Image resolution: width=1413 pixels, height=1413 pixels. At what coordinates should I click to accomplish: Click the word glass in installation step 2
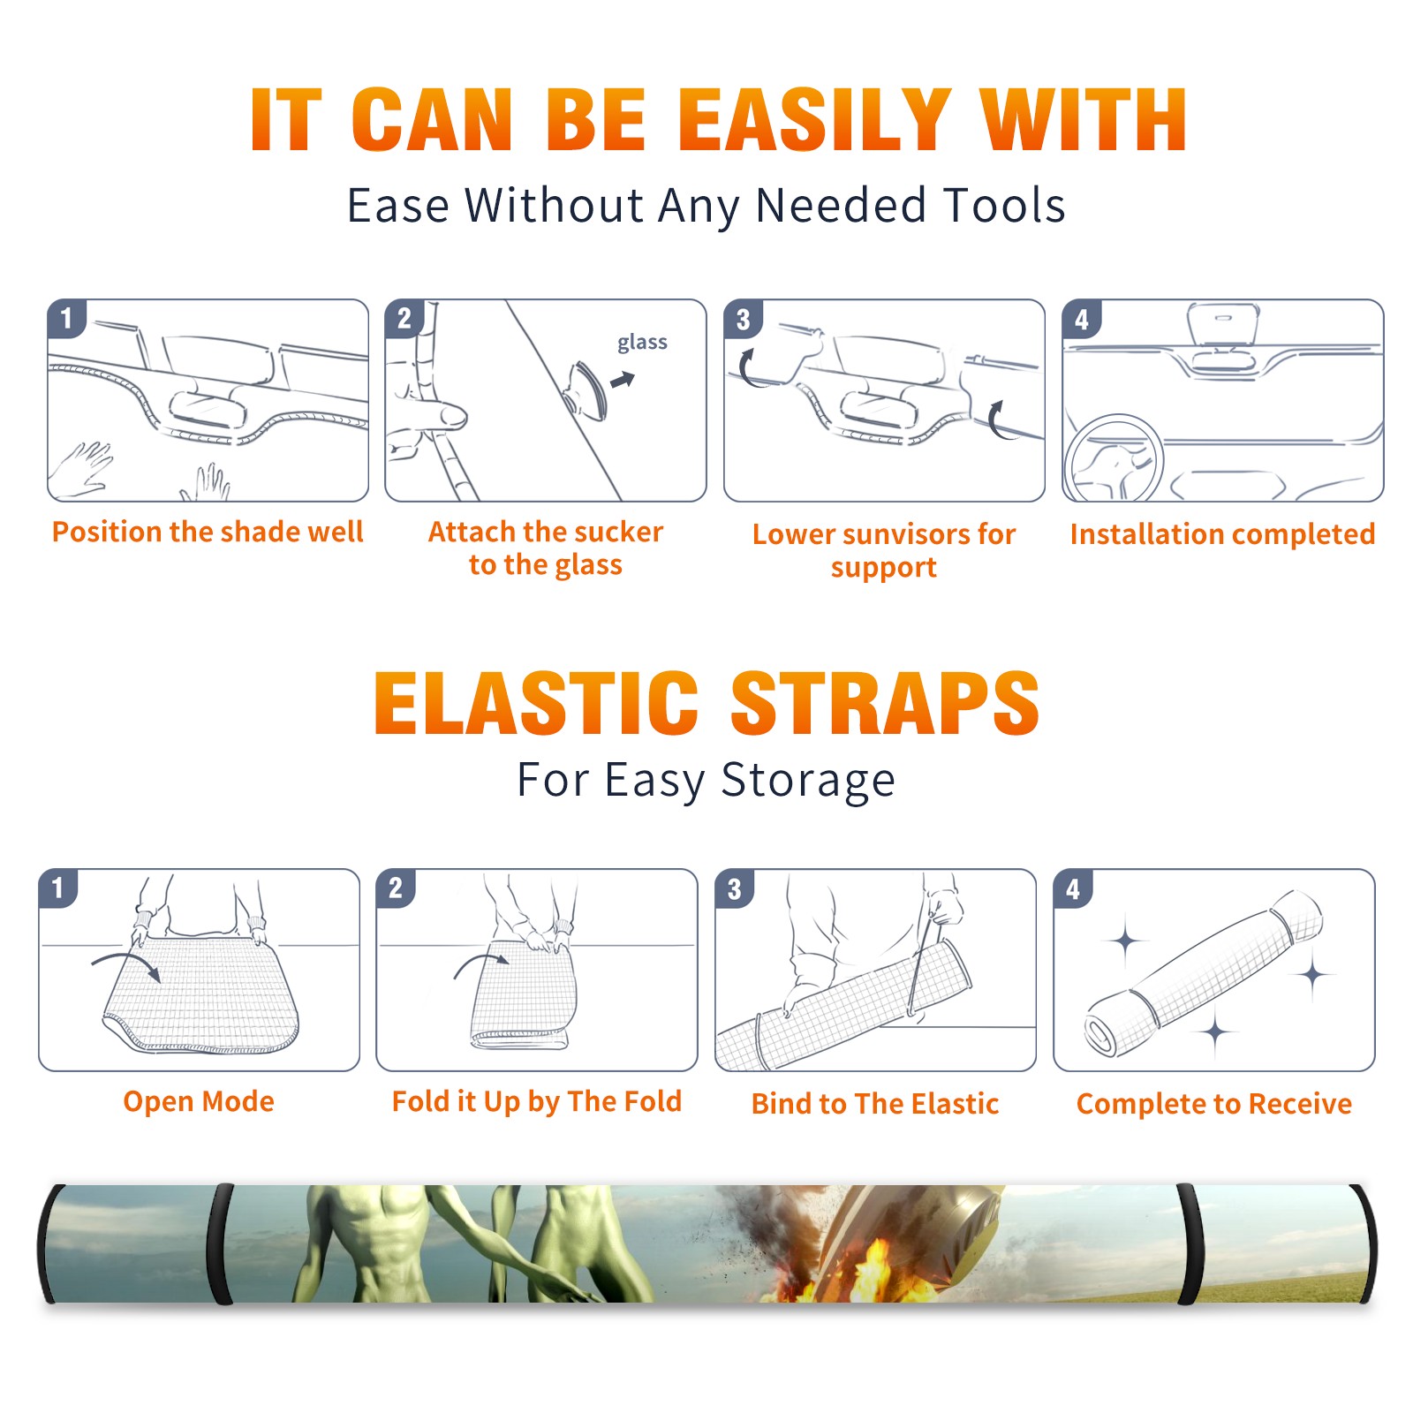(x=642, y=343)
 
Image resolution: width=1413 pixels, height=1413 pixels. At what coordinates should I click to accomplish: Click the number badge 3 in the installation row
(x=744, y=319)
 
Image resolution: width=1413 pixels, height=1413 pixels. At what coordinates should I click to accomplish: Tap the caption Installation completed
(x=1222, y=533)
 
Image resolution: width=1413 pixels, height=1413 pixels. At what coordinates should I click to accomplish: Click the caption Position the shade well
(x=208, y=532)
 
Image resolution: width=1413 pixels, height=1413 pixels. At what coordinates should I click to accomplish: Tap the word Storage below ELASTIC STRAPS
(x=808, y=781)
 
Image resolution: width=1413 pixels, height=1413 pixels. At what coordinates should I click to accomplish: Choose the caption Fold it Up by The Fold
(x=537, y=1101)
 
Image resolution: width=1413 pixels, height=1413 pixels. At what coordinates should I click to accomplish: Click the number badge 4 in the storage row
(x=1073, y=888)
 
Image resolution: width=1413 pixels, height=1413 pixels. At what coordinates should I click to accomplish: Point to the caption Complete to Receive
(x=1214, y=1104)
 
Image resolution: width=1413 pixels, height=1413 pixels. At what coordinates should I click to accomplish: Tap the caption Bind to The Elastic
(x=875, y=1104)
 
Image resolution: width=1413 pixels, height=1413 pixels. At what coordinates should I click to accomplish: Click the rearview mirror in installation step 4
(x=1222, y=323)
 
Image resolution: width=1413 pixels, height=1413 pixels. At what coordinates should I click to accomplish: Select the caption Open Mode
(x=199, y=1101)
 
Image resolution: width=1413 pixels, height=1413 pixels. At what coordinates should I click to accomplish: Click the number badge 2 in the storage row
(x=396, y=888)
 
